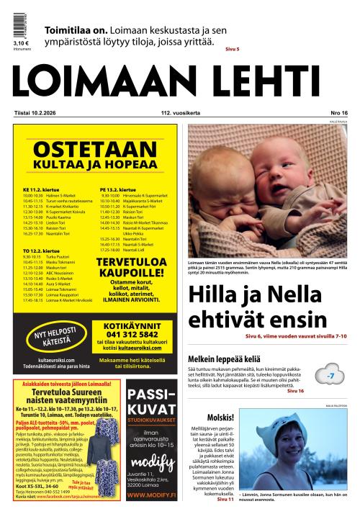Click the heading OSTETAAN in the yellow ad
click(x=95, y=150)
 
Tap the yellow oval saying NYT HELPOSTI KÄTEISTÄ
click(x=55, y=337)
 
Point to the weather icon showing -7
click(x=330, y=376)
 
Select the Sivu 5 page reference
click(x=232, y=49)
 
